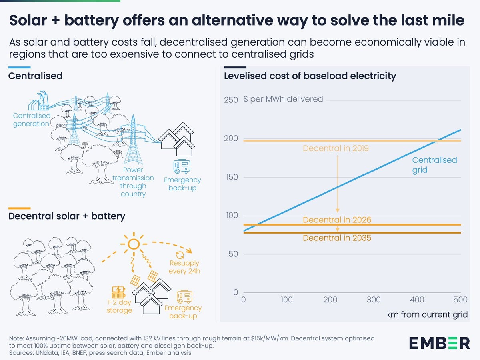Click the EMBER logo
point(439,343)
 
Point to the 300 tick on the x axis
point(374,300)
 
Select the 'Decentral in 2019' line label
point(336,148)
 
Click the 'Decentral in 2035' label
point(337,238)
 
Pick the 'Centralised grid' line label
point(434,165)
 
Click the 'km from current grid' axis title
point(427,314)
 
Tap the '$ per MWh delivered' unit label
point(283,99)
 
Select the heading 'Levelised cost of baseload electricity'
point(310,76)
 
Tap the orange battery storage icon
point(118,290)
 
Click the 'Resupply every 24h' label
point(184,267)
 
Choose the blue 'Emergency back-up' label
point(182,184)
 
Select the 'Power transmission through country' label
point(133,182)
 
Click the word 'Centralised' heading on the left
point(35,76)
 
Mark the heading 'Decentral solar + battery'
point(67,216)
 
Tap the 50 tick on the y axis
point(233,254)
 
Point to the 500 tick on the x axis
point(460,300)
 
